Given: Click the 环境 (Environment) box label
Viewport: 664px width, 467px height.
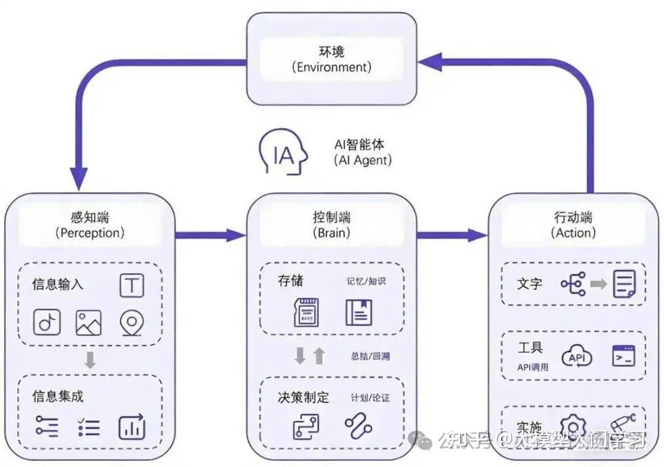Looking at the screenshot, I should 331,59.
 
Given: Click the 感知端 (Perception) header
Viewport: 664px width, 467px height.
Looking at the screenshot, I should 90,225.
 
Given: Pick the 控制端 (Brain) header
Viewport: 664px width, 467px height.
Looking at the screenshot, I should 331,225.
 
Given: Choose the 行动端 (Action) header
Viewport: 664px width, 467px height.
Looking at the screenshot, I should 573,225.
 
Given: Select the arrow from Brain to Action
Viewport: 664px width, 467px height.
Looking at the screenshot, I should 452,234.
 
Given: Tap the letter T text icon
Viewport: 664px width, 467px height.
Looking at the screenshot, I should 132,285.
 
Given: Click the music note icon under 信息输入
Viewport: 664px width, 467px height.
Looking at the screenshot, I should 47,322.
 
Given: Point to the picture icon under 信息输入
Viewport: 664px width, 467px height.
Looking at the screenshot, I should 89,322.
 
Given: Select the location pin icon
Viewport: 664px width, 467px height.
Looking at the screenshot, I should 131,322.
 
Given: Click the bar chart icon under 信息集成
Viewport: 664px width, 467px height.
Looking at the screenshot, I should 132,426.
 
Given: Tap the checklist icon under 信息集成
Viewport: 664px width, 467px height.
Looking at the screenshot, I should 89,426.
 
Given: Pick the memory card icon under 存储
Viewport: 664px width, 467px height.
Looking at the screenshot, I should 307,312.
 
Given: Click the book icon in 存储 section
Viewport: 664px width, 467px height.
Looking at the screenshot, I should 358,312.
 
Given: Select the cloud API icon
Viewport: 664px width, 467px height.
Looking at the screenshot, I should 577,357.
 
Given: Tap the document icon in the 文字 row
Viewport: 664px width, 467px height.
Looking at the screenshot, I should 624,284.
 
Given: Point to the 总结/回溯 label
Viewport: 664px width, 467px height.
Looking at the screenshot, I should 370,356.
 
